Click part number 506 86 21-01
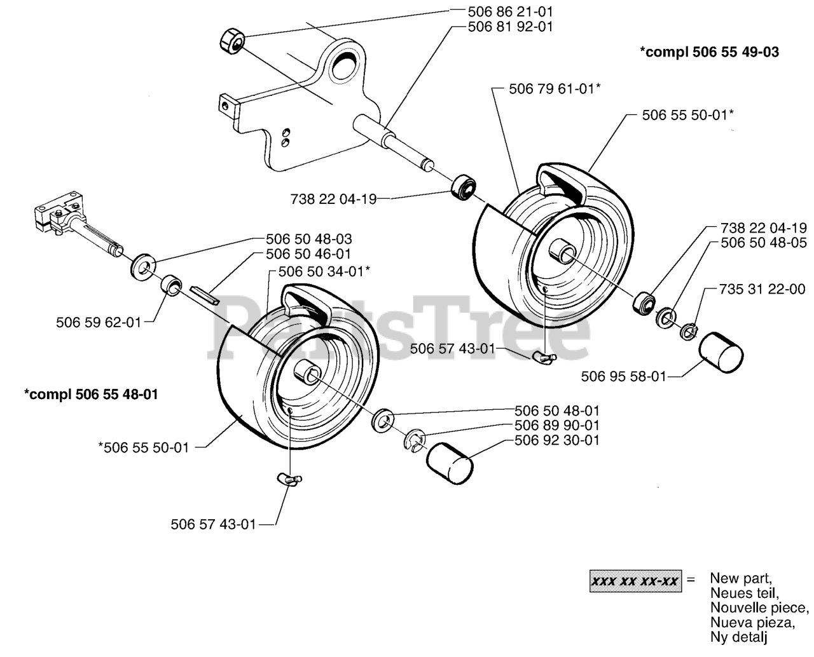click(x=510, y=12)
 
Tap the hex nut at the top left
click(x=232, y=41)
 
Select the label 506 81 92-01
click(x=510, y=27)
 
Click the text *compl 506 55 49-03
click(x=709, y=52)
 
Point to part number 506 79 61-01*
click(x=555, y=89)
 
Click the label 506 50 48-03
click(x=309, y=239)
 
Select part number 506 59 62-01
click(x=99, y=323)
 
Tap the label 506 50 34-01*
click(x=324, y=271)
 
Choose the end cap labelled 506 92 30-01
click(x=450, y=464)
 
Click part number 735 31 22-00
click(x=762, y=289)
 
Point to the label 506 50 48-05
click(x=764, y=243)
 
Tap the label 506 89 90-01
click(x=557, y=425)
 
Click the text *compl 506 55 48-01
click(x=91, y=395)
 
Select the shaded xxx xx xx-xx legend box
click(x=635, y=581)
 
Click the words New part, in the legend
click(x=741, y=578)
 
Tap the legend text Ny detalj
click(x=738, y=637)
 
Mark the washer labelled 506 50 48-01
click(x=383, y=421)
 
